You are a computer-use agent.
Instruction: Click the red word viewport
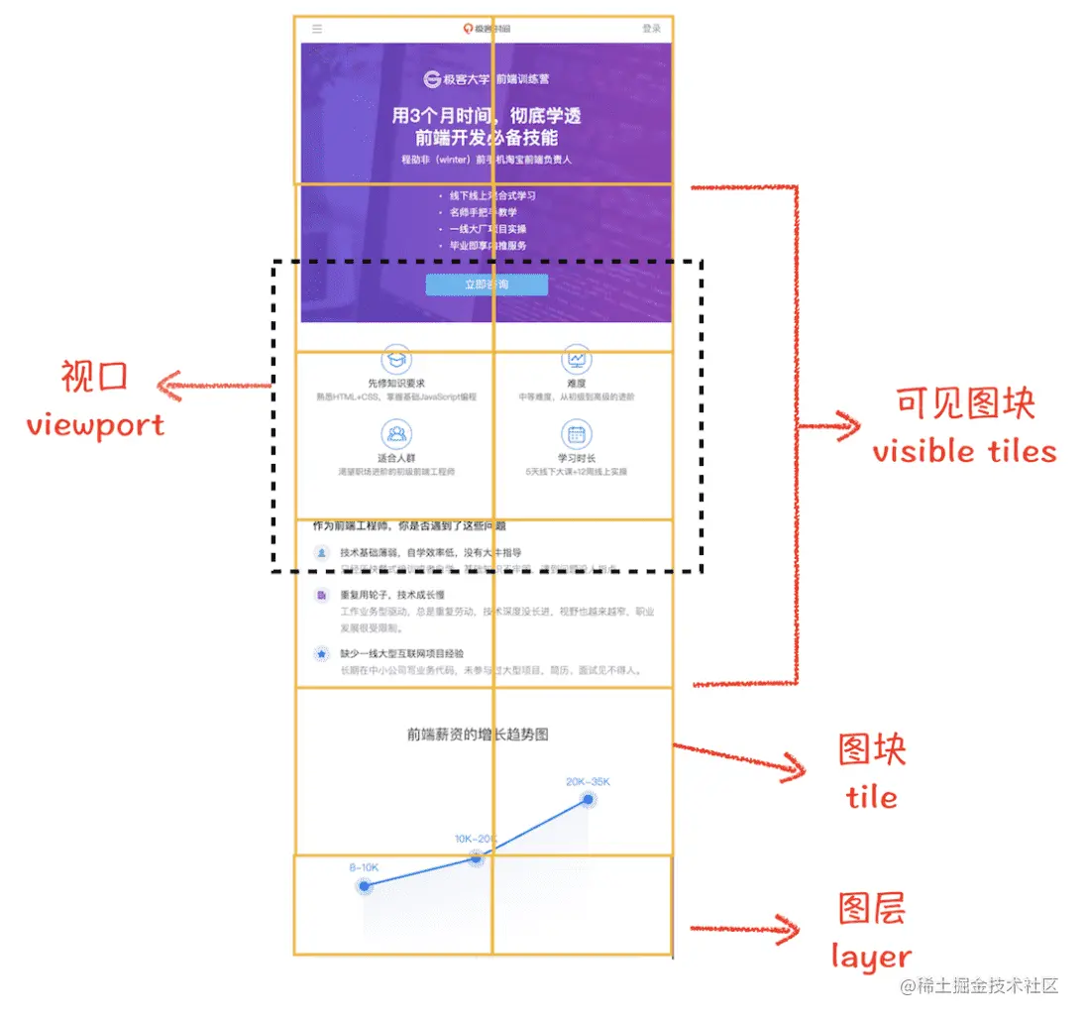click(x=95, y=425)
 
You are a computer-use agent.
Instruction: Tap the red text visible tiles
click(x=964, y=451)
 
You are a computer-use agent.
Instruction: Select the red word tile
click(x=871, y=797)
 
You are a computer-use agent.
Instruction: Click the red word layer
click(x=871, y=957)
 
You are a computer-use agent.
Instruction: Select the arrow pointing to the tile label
click(x=738, y=757)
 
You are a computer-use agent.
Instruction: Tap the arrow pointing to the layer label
click(x=745, y=929)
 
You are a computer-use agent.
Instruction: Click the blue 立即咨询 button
click(x=487, y=285)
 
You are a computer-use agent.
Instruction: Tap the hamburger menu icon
click(x=317, y=29)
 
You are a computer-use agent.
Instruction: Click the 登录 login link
click(x=651, y=29)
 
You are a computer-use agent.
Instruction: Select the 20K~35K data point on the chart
click(x=589, y=799)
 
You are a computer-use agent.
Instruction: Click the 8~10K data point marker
click(x=365, y=885)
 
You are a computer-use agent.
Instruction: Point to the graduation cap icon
click(x=396, y=359)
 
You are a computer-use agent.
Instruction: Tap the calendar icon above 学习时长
click(x=577, y=433)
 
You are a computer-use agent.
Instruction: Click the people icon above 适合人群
click(x=396, y=433)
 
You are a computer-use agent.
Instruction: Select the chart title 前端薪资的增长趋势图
click(x=478, y=735)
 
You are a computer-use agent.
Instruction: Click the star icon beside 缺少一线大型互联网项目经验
click(x=321, y=654)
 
